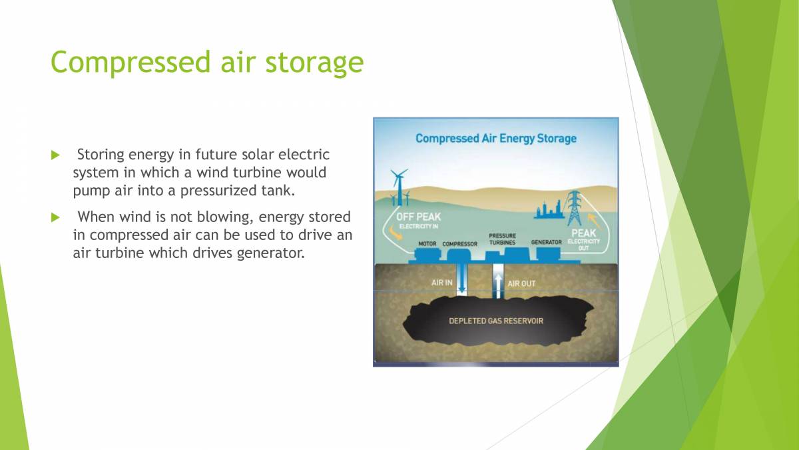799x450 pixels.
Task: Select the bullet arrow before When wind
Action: click(55, 217)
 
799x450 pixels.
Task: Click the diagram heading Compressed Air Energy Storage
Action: click(495, 139)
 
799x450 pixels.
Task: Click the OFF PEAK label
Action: click(418, 217)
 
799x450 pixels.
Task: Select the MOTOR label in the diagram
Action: click(427, 244)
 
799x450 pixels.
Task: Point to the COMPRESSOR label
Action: click(459, 244)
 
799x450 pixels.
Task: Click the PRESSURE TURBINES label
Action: click(502, 239)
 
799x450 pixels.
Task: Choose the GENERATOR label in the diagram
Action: click(546, 242)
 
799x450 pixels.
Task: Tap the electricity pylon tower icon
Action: click(573, 206)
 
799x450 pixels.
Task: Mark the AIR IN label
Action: click(441, 283)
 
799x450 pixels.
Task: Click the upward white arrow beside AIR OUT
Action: click(497, 283)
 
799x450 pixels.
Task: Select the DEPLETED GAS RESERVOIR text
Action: click(495, 321)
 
